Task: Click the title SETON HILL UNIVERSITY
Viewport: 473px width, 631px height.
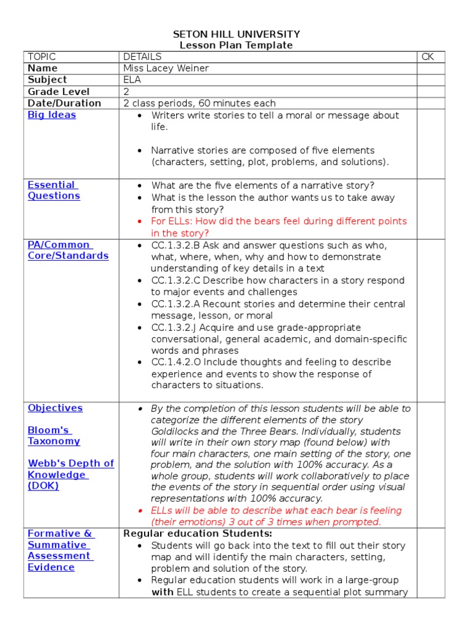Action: pos(236,34)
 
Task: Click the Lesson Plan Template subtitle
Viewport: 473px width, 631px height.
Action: pos(236,45)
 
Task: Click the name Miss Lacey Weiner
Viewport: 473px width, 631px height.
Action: pos(166,68)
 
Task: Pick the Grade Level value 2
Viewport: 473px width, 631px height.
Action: pos(126,92)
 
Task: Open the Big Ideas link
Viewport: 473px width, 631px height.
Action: pos(52,115)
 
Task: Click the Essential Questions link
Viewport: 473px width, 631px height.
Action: pos(54,190)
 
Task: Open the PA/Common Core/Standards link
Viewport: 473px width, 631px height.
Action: pos(68,250)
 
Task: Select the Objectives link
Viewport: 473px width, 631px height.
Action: pos(55,408)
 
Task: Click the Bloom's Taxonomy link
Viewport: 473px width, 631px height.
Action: pos(54,436)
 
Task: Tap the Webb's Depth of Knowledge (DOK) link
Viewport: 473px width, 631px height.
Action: pos(70,474)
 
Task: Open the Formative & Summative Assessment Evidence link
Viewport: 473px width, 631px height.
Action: pos(60,550)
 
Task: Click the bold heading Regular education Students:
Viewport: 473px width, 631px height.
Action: pos(198,534)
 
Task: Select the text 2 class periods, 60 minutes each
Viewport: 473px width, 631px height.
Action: pos(200,104)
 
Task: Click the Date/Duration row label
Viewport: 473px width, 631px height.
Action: pos(64,104)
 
